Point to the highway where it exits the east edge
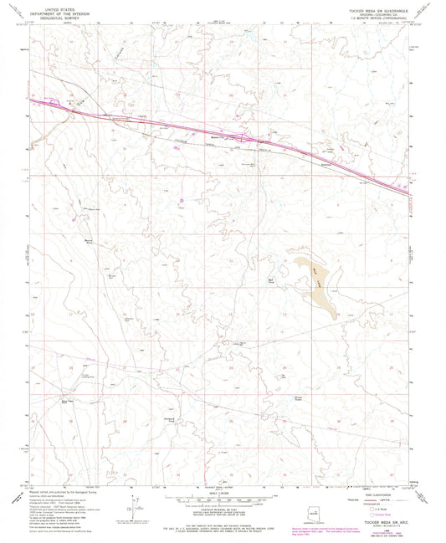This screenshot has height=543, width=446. pos(406,193)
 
